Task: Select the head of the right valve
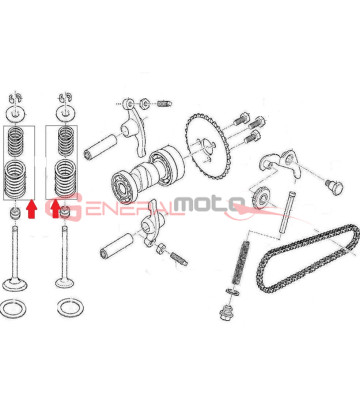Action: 68,281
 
